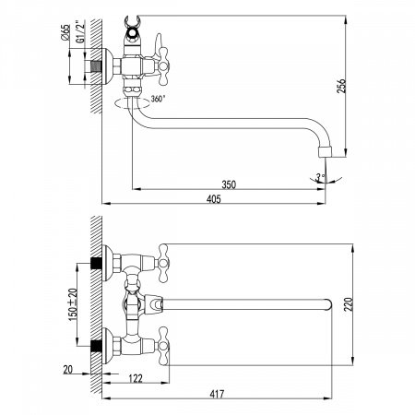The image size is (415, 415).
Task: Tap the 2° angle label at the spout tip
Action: click(320, 175)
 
